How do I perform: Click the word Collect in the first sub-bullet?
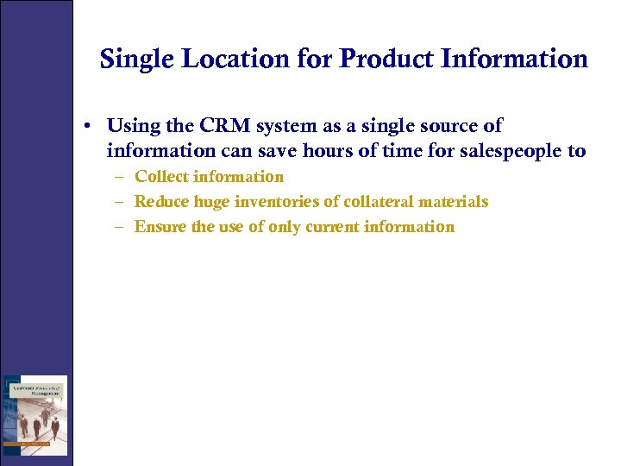[x=162, y=177]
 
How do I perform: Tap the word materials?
[x=455, y=202]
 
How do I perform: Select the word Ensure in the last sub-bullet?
[x=161, y=227]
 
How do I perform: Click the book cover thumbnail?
[x=35, y=415]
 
